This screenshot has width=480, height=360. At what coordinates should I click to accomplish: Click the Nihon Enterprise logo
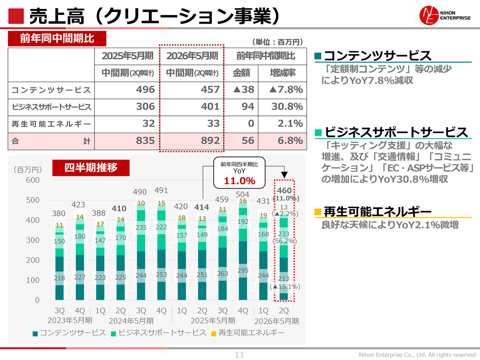[445, 16]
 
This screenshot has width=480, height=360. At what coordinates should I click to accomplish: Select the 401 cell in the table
[210, 107]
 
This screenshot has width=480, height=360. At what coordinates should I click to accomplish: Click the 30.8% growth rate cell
[287, 107]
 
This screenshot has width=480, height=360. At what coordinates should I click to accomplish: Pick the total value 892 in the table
[210, 141]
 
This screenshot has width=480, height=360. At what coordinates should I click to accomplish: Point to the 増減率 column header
[282, 73]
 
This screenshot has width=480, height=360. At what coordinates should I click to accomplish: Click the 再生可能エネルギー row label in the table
[51, 124]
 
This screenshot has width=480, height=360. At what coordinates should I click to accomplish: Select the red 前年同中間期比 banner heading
[57, 39]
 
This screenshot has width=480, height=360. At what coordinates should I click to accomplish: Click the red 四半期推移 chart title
[91, 168]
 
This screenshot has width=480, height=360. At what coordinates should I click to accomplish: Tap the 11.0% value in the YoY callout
[239, 181]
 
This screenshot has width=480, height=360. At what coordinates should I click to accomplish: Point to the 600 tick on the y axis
[33, 180]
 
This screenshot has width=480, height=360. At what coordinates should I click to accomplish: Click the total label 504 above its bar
[242, 194]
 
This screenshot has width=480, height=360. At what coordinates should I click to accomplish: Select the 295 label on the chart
[243, 270]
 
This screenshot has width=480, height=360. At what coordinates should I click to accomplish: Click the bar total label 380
[58, 213]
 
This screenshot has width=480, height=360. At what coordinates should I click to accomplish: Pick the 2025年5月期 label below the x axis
[213, 321]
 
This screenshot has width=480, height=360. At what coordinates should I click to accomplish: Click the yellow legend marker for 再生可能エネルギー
[214, 333]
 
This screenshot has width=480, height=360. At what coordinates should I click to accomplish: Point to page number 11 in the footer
[240, 355]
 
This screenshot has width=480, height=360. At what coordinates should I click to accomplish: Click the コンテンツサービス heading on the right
[377, 56]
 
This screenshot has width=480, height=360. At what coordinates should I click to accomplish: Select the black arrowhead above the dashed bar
[284, 175]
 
